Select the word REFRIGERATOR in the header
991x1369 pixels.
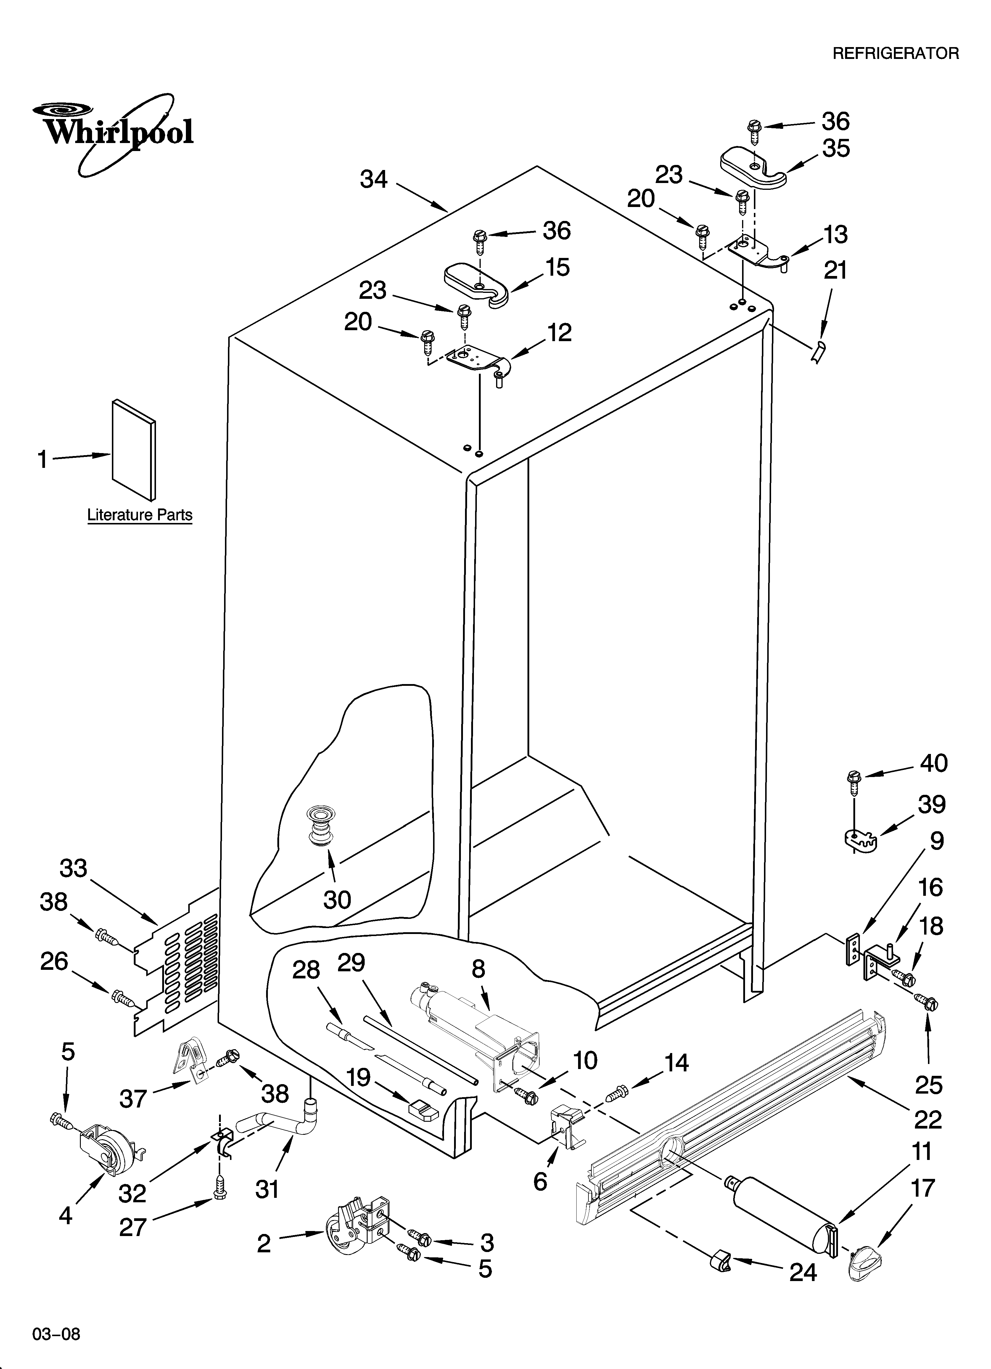[x=895, y=54]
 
